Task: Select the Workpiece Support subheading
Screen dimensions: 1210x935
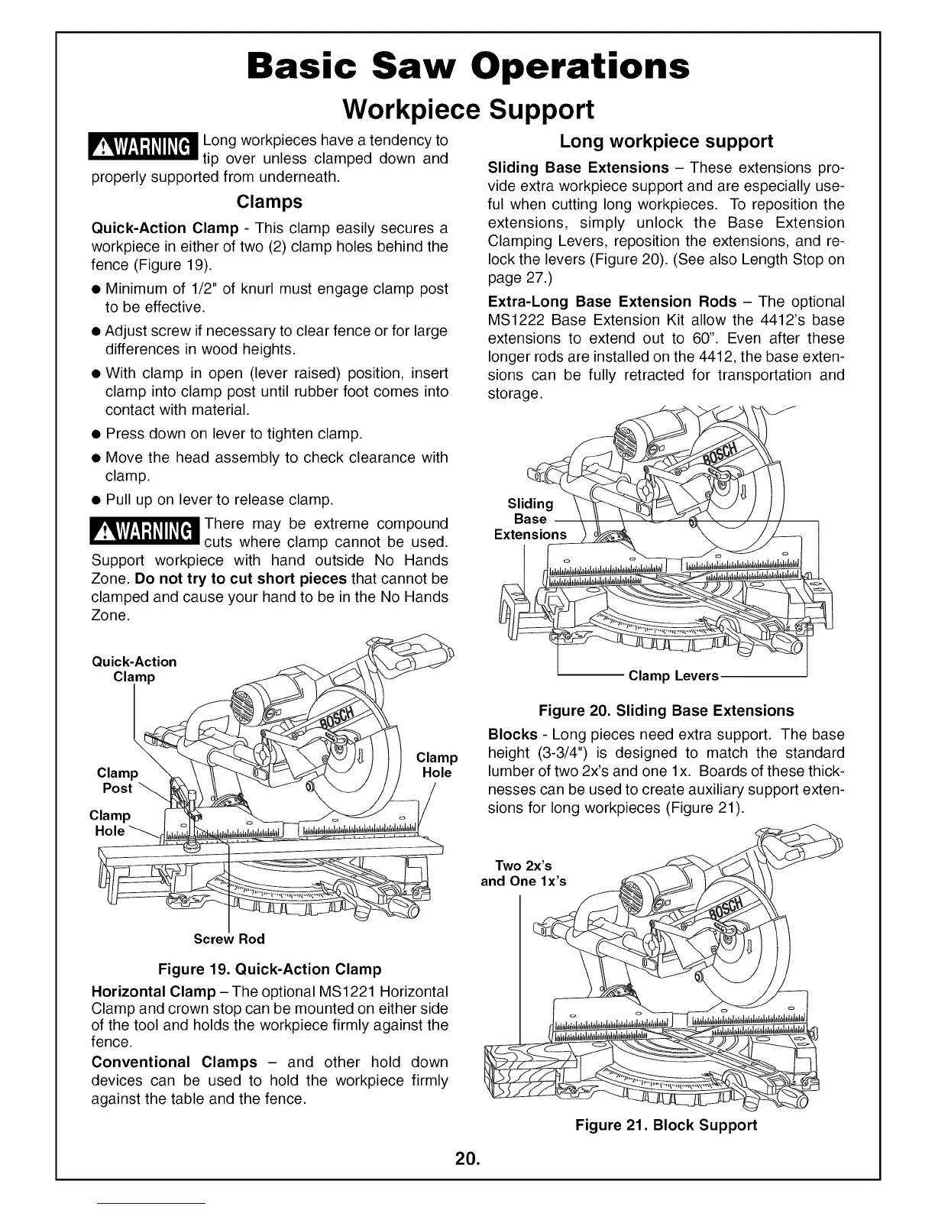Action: [x=467, y=109]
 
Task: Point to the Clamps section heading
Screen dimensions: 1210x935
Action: [x=269, y=202]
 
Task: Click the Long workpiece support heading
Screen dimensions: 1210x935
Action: [x=666, y=141]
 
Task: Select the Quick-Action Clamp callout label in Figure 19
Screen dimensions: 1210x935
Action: [x=134, y=669]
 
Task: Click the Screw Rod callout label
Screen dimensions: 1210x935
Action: [x=229, y=938]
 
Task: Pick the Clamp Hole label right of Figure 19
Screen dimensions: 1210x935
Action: [x=436, y=765]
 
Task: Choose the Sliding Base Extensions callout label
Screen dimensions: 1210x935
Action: [x=530, y=519]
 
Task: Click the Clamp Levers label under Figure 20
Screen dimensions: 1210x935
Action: [x=674, y=676]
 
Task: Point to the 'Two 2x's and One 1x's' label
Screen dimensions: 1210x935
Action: [x=523, y=873]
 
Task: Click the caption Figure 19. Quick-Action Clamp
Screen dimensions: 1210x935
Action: [x=269, y=969]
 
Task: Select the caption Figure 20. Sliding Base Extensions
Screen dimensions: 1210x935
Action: [x=666, y=710]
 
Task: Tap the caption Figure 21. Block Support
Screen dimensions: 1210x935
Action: [x=666, y=1124]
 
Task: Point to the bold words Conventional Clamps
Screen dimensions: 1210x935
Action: [x=174, y=1062]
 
